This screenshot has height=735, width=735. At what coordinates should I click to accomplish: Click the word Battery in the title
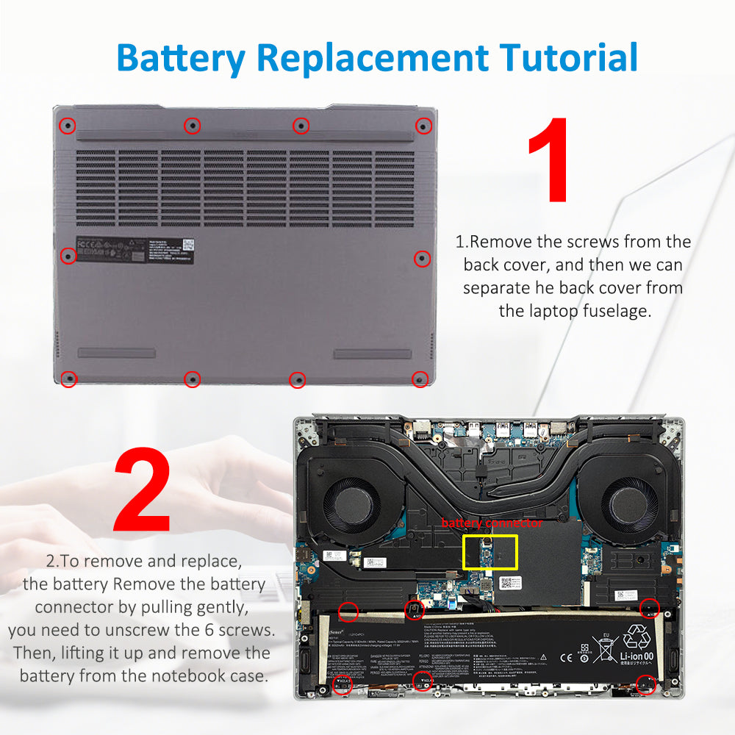(179, 57)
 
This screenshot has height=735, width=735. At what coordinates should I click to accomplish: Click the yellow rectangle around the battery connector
(490, 551)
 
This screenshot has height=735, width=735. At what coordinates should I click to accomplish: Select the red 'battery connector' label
(492, 523)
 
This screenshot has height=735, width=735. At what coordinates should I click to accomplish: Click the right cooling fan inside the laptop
(629, 506)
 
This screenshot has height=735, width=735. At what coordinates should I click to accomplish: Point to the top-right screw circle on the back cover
(423, 126)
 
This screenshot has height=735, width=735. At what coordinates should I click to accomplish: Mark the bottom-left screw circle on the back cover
(68, 379)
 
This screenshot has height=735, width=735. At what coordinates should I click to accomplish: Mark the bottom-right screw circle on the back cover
(420, 379)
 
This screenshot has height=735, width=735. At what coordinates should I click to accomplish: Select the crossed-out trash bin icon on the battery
(606, 648)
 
